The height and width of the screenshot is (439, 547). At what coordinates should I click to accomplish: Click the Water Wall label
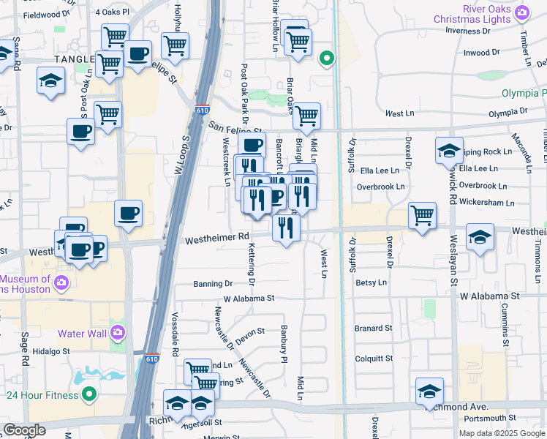(x=82, y=334)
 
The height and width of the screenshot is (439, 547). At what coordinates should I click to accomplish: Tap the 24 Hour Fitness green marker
(x=89, y=395)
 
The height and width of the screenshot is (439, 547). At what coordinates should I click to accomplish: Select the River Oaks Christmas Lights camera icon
(x=521, y=12)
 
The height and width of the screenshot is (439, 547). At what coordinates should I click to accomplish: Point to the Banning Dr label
(x=213, y=283)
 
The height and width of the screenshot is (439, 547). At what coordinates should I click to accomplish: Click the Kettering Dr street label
(x=252, y=263)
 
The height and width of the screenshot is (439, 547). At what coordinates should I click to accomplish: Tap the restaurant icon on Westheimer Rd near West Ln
(x=286, y=227)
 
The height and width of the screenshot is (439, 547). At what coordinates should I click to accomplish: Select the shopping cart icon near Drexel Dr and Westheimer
(x=422, y=215)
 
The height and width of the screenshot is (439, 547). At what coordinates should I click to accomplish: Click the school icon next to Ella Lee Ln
(x=448, y=150)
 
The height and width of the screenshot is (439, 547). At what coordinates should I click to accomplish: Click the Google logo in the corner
(x=24, y=430)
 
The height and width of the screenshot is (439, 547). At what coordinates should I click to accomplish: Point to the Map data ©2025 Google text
(x=502, y=433)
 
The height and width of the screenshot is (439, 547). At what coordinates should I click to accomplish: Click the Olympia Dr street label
(x=508, y=113)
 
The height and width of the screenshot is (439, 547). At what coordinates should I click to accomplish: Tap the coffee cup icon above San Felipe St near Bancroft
(x=252, y=145)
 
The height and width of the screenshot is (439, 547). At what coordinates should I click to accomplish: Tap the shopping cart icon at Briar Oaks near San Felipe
(x=306, y=115)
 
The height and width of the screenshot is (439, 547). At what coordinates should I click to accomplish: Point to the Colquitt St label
(x=374, y=359)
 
